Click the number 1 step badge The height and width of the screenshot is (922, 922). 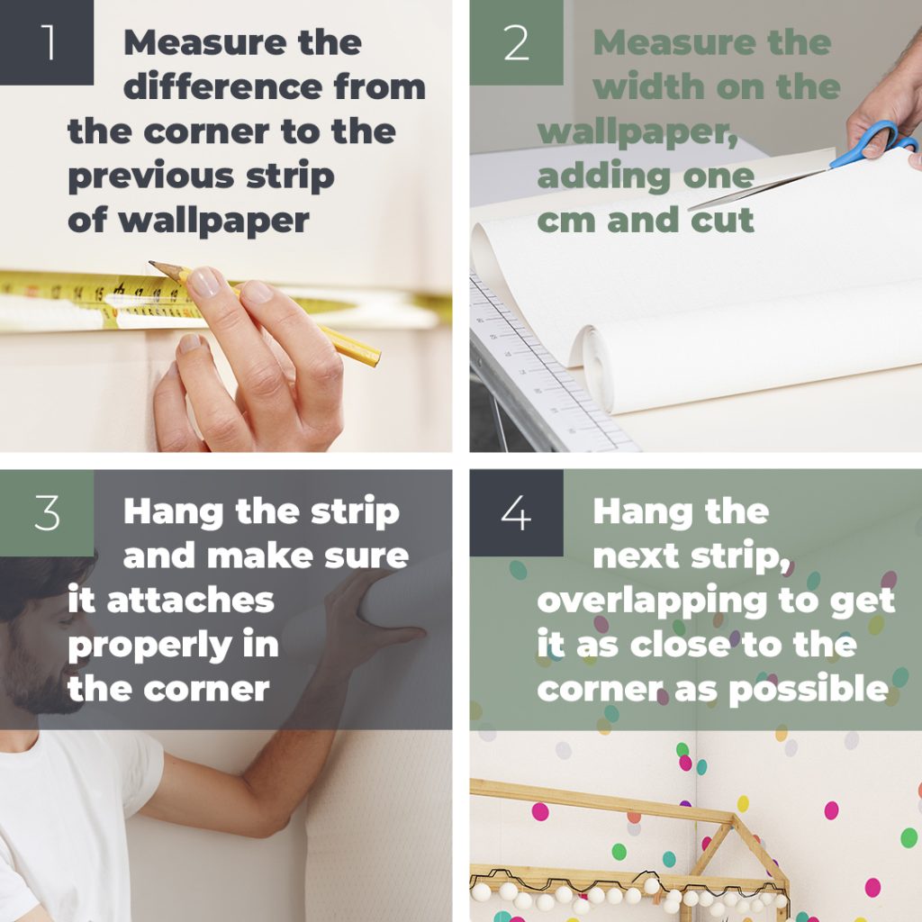(47, 42)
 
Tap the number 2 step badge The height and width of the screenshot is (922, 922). (516, 42)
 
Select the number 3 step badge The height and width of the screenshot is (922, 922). (47, 512)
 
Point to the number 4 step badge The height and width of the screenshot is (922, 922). (516, 512)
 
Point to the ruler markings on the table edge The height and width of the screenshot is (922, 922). (531, 378)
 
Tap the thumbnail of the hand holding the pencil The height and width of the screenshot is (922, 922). (203, 282)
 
